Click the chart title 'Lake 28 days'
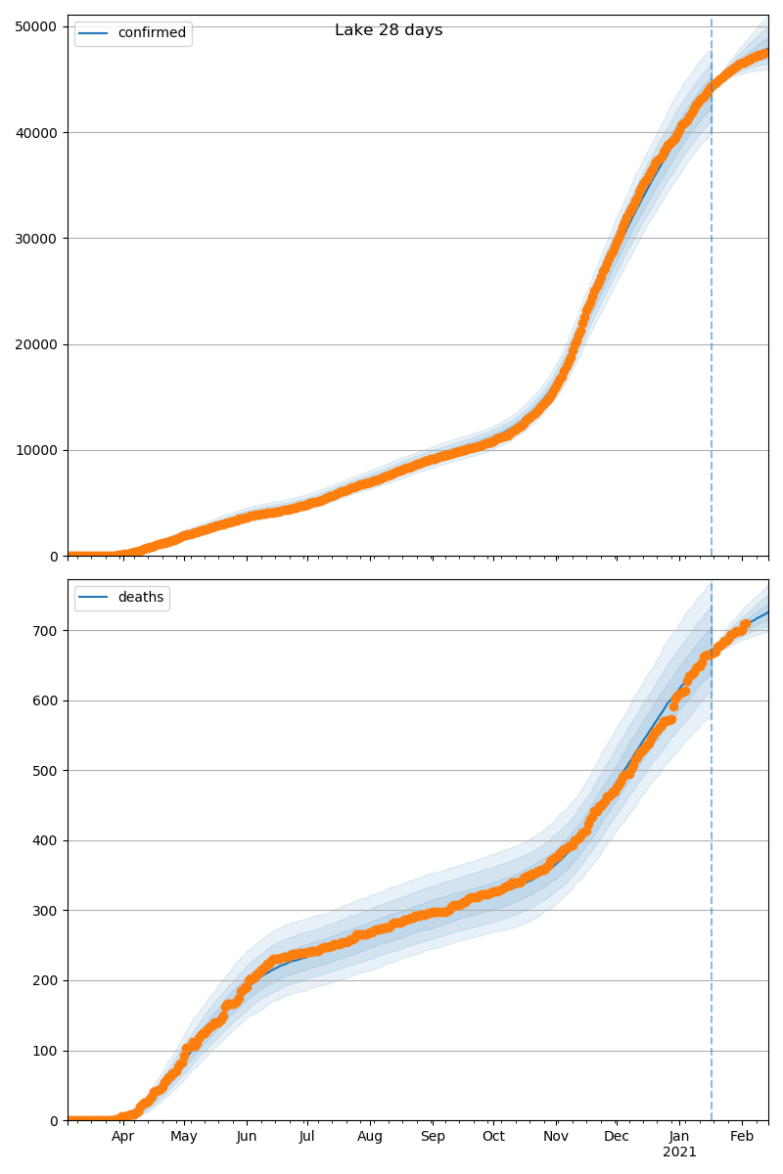(389, 30)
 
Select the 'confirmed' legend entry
(152, 33)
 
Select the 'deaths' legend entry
(140, 598)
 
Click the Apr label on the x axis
(122, 1137)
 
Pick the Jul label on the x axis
(306, 1137)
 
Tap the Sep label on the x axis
(433, 1137)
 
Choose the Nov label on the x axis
(556, 1137)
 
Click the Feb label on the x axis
(742, 1137)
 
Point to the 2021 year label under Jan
(679, 1152)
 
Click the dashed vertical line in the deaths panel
(712, 880)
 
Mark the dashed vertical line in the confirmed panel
(712, 293)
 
